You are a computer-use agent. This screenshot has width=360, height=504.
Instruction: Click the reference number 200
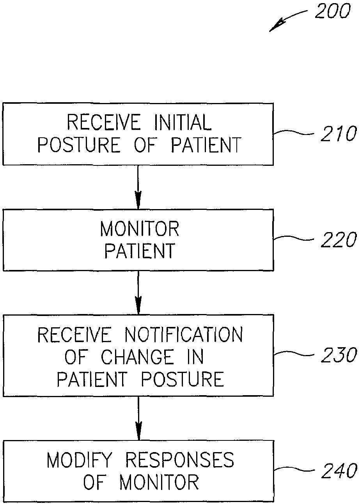tap(332, 11)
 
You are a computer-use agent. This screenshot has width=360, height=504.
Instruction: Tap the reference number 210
tap(339, 134)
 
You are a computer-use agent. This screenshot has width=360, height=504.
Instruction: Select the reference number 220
tap(339, 240)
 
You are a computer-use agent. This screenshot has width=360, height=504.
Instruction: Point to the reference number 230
tap(339, 355)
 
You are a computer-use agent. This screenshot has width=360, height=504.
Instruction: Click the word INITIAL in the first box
tap(183, 122)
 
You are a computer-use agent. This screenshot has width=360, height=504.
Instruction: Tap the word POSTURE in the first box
tap(79, 145)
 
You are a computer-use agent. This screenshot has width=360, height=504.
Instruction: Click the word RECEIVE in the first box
tap(104, 122)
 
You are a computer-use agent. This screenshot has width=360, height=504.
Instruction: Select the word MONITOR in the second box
tap(140, 229)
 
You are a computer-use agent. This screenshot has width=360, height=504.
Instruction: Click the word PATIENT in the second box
tap(140, 250)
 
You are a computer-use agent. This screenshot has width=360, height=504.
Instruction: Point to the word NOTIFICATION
tap(183, 335)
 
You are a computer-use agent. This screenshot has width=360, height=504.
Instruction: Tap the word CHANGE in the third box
tap(137, 357)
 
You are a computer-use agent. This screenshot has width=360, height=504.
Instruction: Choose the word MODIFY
tap(79, 460)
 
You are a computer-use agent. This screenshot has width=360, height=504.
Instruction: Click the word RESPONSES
tap(179, 460)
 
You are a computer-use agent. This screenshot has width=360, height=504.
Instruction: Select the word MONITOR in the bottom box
tap(159, 482)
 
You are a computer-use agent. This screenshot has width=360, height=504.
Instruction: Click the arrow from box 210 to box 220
tap(138, 187)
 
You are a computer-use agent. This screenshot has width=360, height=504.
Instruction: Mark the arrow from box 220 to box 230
tap(138, 293)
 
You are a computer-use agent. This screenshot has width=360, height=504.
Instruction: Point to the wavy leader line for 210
tap(294, 133)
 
